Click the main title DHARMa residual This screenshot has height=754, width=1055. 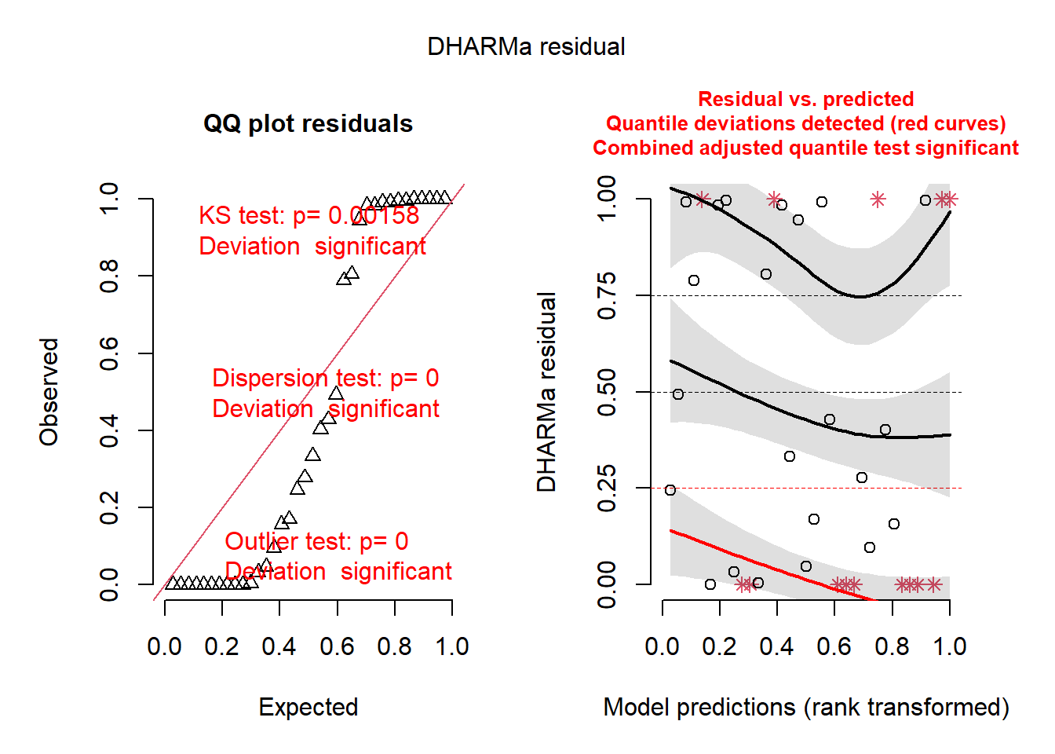pyautogui.click(x=526, y=46)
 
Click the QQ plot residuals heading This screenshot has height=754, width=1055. pyautogui.click(x=308, y=123)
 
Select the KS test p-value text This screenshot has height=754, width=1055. pyautogui.click(x=308, y=215)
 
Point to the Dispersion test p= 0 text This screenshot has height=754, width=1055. pyautogui.click(x=325, y=378)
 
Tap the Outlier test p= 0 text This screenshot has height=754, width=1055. pyautogui.click(x=316, y=541)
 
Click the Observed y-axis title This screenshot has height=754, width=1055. pyautogui.click(x=49, y=392)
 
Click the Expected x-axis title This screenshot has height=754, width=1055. pyautogui.click(x=308, y=707)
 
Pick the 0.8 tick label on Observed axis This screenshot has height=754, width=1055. pyautogui.click(x=109, y=276)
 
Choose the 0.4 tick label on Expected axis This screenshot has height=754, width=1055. pyautogui.click(x=279, y=646)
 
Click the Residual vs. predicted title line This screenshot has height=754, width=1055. pyautogui.click(x=805, y=99)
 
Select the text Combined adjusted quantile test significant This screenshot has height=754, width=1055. pyautogui.click(x=805, y=148)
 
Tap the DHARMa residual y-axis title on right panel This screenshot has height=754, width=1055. pyautogui.click(x=546, y=392)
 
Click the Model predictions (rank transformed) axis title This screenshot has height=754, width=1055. pyautogui.click(x=805, y=707)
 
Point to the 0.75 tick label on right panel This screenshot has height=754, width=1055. pyautogui.click(x=607, y=295)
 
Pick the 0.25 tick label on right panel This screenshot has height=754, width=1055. pyautogui.click(x=607, y=488)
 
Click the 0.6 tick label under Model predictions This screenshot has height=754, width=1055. pyautogui.click(x=834, y=646)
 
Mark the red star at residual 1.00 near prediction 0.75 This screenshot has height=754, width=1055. pyautogui.click(x=878, y=199)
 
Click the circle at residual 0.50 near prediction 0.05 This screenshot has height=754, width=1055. pyautogui.click(x=678, y=394)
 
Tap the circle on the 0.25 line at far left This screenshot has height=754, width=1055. pyautogui.click(x=670, y=490)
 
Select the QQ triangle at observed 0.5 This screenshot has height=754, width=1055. pyautogui.click(x=336, y=393)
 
